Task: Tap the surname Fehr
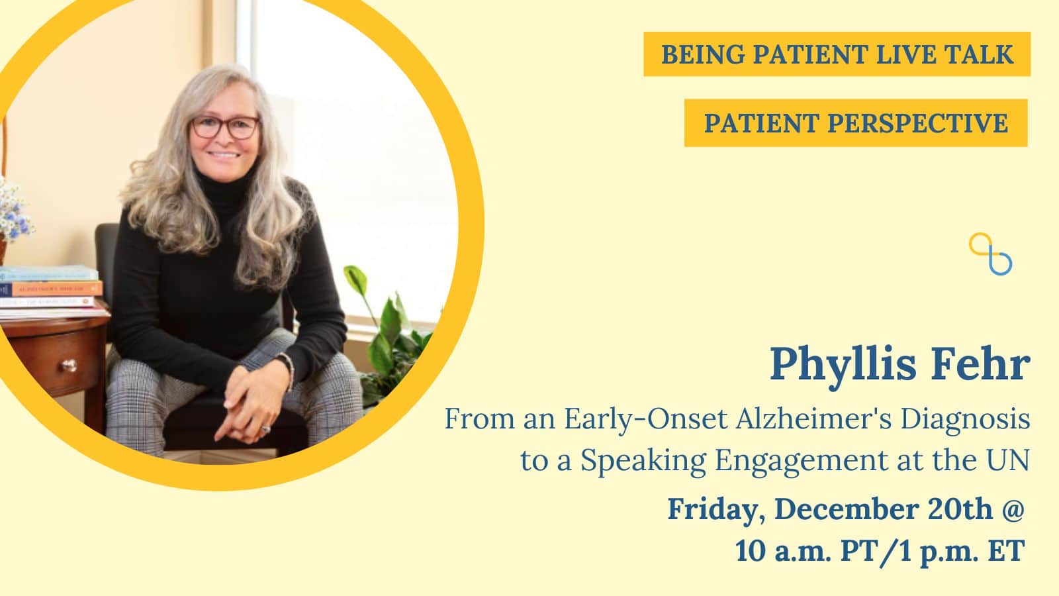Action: pos(980,364)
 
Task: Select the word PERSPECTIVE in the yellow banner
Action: pos(917,123)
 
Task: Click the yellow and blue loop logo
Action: pos(990,254)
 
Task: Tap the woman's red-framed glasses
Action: pos(226,126)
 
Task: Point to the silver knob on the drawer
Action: pos(69,365)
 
